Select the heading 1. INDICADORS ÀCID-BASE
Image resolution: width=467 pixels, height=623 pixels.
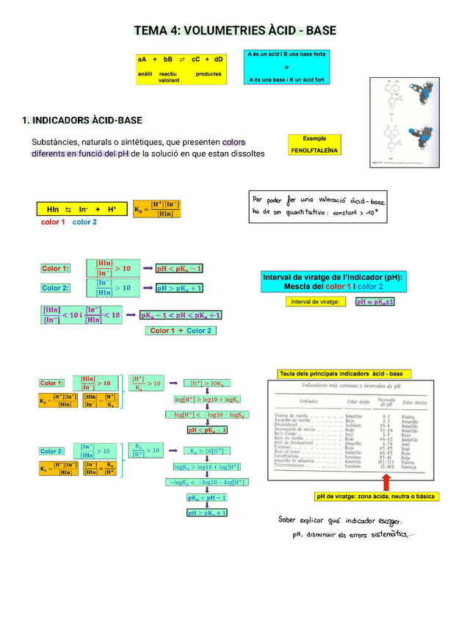coord(82,120)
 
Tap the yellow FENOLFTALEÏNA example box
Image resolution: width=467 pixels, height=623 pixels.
coord(314,145)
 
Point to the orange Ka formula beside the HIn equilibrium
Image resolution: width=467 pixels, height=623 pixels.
coord(156,209)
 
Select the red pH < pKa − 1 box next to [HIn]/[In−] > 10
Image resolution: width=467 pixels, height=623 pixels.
coord(179,268)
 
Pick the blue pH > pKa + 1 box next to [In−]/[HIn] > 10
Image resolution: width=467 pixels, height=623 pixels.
coord(179,288)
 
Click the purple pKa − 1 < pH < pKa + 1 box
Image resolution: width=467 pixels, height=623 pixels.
coord(181,316)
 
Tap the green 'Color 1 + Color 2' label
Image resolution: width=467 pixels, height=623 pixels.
coord(181,331)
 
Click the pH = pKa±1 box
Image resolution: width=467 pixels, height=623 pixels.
coord(375,301)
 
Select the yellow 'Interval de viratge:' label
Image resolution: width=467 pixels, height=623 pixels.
coord(315,301)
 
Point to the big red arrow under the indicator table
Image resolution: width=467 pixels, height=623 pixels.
coord(386,482)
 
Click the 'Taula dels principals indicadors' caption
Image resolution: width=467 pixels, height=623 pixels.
coord(344,374)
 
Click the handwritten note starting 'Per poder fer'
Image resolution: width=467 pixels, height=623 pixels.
coord(317,206)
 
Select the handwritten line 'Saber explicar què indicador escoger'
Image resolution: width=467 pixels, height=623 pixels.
coord(339,521)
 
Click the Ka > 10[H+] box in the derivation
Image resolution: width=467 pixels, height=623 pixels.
coord(208,451)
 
